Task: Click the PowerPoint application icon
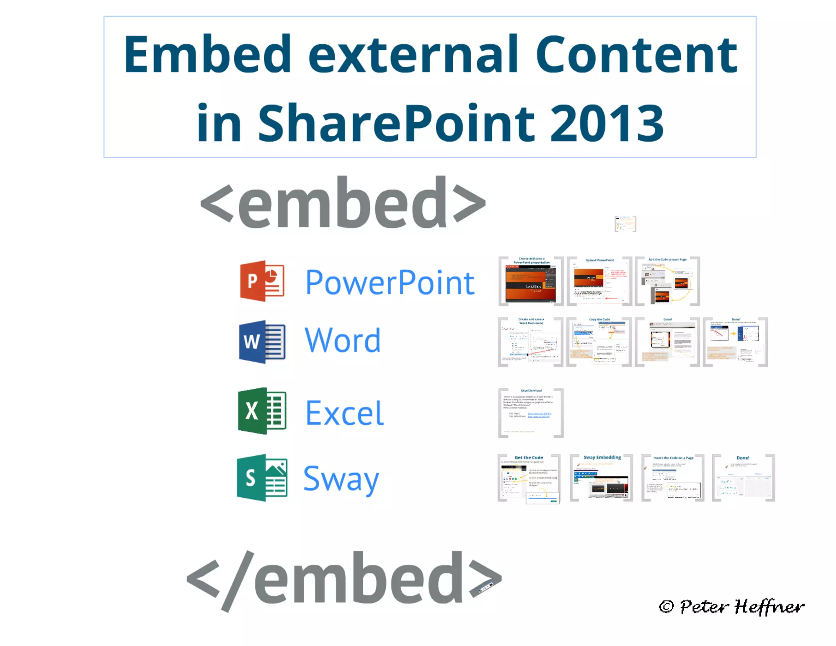tap(262, 281)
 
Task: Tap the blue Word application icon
tap(262, 341)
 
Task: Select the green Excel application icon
tap(262, 411)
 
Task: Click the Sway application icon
tap(262, 478)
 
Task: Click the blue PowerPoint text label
tap(390, 283)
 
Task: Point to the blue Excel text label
tap(345, 413)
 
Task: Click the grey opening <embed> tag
tap(343, 203)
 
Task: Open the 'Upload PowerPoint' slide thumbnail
tap(599, 281)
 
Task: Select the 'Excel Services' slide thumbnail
tap(531, 413)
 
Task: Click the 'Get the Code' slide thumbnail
tap(529, 478)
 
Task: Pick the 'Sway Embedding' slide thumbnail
tap(601, 478)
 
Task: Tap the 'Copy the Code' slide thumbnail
tap(599, 342)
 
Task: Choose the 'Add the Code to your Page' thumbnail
tap(667, 281)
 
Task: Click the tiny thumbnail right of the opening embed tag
tap(625, 224)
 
